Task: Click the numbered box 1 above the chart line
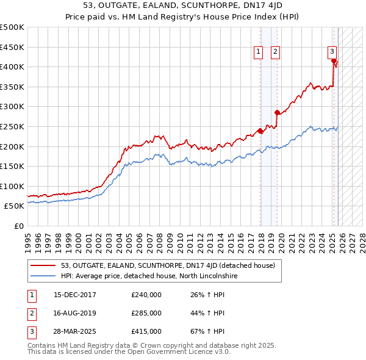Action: (259, 52)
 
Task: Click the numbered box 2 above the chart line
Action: (276, 52)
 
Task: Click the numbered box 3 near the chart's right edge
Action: (332, 52)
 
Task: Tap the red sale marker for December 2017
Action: (260, 131)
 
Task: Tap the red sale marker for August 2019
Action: (277, 112)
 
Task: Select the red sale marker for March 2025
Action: (334, 61)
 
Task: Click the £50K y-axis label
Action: (15, 206)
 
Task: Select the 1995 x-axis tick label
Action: (27, 238)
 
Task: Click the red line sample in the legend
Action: (43, 265)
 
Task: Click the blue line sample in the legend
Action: (43, 276)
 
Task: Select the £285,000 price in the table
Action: (146, 313)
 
